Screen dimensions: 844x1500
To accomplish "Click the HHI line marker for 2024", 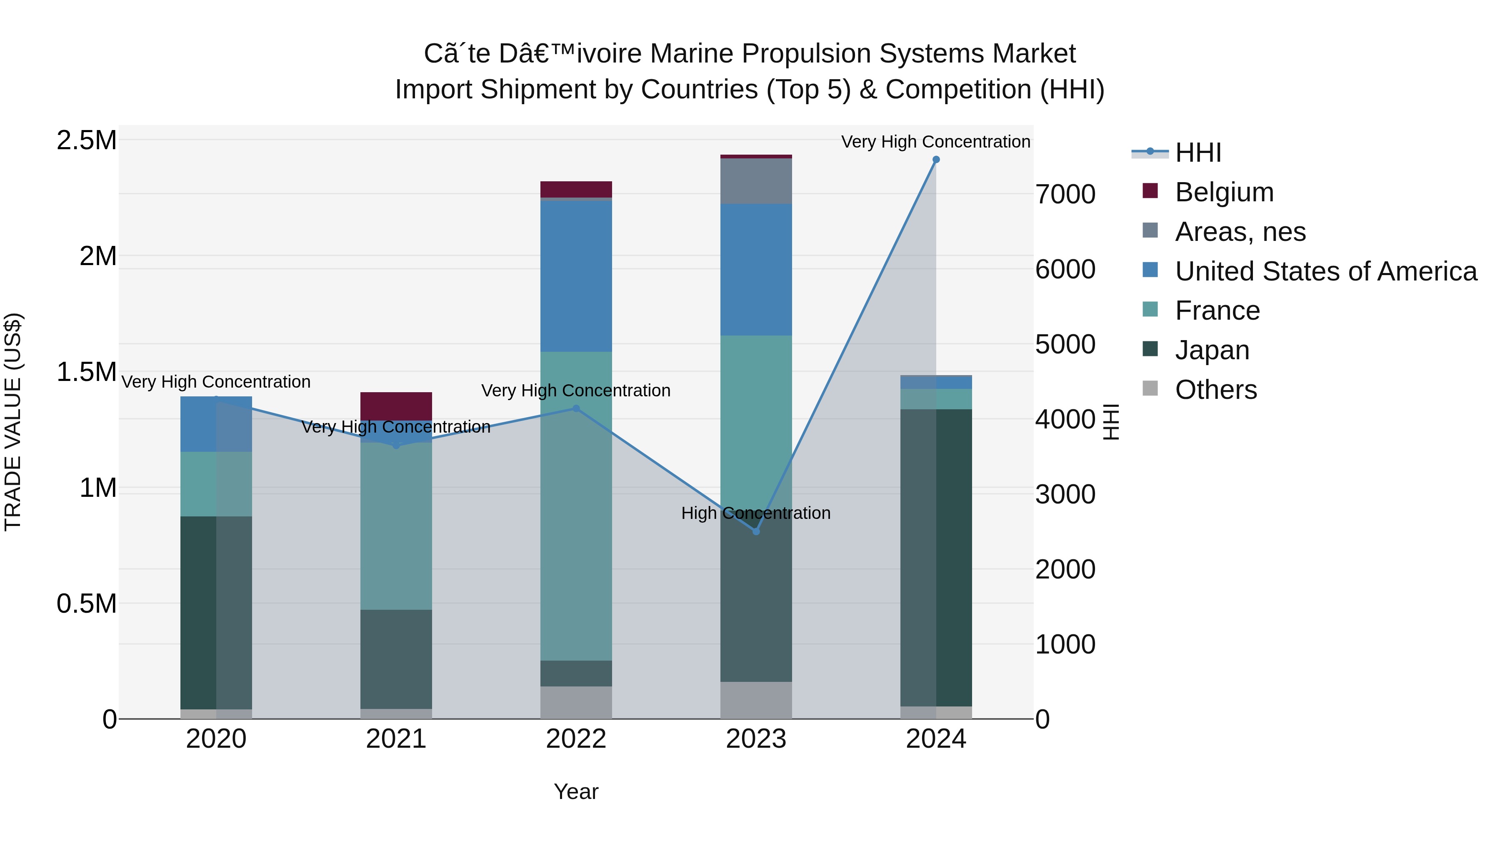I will tap(936, 160).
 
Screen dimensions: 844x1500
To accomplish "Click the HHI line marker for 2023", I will tap(756, 531).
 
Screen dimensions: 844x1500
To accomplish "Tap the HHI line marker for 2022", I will tap(576, 408).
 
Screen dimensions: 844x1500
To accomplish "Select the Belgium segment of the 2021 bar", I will tap(396, 406).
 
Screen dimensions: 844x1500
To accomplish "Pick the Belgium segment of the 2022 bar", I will tap(576, 189).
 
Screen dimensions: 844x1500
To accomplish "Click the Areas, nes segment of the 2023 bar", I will tap(756, 181).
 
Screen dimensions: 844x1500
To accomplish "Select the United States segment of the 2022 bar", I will tap(576, 276).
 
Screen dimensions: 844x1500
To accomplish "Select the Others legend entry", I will tap(1216, 390).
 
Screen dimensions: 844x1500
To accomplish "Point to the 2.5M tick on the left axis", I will tap(86, 140).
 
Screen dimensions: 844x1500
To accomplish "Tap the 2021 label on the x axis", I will tap(396, 739).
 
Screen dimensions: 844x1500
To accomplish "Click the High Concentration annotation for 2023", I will tap(756, 513).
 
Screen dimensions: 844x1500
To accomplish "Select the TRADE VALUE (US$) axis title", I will tap(13, 422).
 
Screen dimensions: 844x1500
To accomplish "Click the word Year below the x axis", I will tap(576, 791).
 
